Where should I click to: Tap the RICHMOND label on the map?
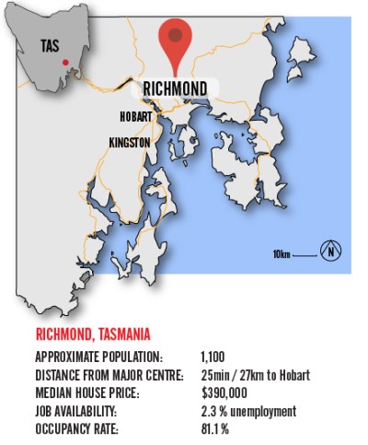click(175, 88)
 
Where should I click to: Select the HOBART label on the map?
click(135, 117)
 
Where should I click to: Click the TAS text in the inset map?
click(51, 44)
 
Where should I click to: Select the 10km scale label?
click(282, 252)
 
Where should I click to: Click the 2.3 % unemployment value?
click(247, 411)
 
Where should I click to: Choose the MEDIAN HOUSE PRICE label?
click(87, 392)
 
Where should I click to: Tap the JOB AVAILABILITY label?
click(80, 411)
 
